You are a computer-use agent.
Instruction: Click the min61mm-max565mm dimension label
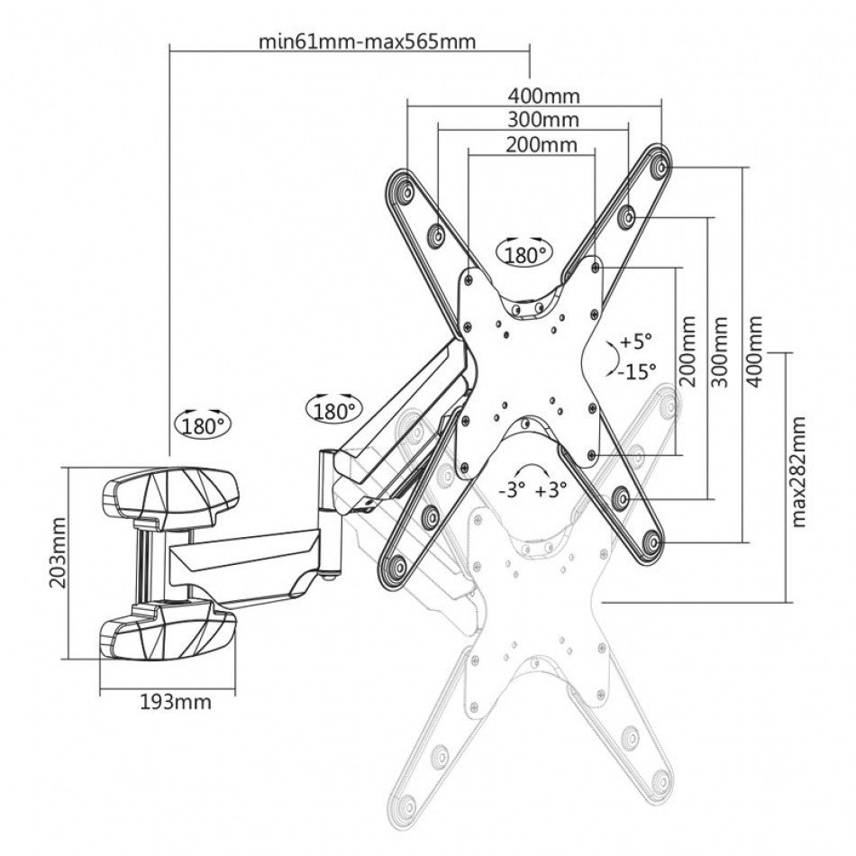[x=367, y=41]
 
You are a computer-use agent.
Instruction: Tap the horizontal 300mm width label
[x=543, y=119]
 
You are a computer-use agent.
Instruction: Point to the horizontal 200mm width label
[x=542, y=144]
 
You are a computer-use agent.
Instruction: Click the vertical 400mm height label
[x=755, y=351]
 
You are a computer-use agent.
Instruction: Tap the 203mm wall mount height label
[x=59, y=564]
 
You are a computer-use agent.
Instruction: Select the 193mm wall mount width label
[x=177, y=702]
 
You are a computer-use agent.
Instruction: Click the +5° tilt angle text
[x=633, y=341]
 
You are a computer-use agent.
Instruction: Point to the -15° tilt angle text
[x=637, y=369]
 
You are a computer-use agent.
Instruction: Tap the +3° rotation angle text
[x=551, y=490]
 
